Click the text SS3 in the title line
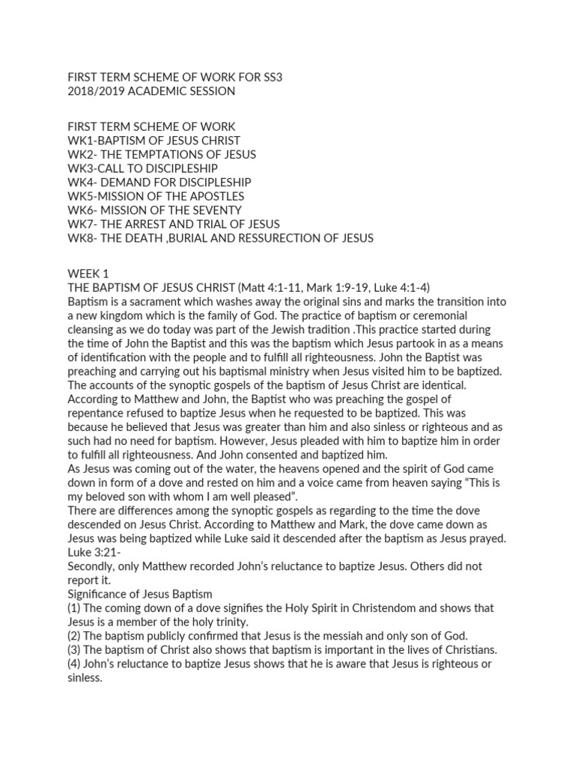pos(272,77)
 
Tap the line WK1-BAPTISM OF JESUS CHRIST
pos(153,141)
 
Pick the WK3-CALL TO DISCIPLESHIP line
pos(142,168)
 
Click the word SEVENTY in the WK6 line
pos(216,210)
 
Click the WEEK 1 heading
pos(88,274)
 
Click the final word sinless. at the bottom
pos(84,678)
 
